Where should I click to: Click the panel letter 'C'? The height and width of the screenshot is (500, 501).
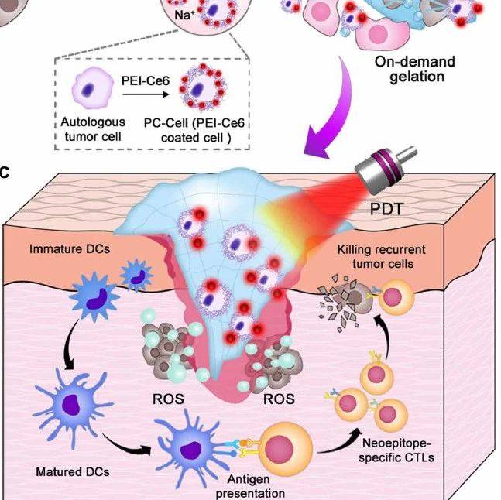(5, 170)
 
